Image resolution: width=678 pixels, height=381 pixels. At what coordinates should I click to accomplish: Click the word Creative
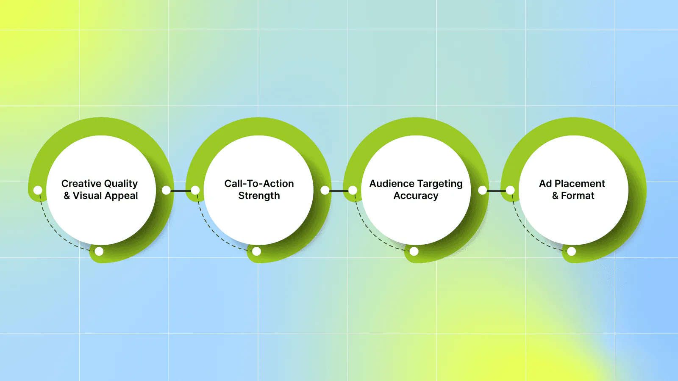[81, 184]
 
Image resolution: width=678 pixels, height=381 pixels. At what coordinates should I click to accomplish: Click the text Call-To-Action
[259, 184]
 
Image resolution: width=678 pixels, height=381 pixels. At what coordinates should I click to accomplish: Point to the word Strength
[259, 196]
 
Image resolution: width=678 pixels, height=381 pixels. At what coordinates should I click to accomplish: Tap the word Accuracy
[416, 196]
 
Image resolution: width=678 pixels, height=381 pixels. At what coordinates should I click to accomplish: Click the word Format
[578, 196]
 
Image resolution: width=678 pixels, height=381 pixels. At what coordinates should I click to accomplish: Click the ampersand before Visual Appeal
[67, 196]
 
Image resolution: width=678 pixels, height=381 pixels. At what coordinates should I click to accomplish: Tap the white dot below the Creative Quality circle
[99, 251]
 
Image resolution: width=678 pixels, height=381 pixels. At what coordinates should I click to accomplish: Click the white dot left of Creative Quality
[38, 190]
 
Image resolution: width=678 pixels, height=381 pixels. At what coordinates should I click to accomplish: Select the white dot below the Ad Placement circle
[572, 251]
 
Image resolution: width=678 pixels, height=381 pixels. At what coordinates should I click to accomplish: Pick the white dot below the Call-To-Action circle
[256, 251]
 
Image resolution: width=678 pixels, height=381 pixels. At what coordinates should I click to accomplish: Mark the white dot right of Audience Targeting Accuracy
[483, 190]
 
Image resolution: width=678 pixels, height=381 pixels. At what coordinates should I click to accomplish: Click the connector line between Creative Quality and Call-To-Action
[181, 191]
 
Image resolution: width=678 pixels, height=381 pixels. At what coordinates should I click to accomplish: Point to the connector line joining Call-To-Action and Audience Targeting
[339, 191]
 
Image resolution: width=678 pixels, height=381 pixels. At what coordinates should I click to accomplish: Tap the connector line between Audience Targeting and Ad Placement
[496, 191]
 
